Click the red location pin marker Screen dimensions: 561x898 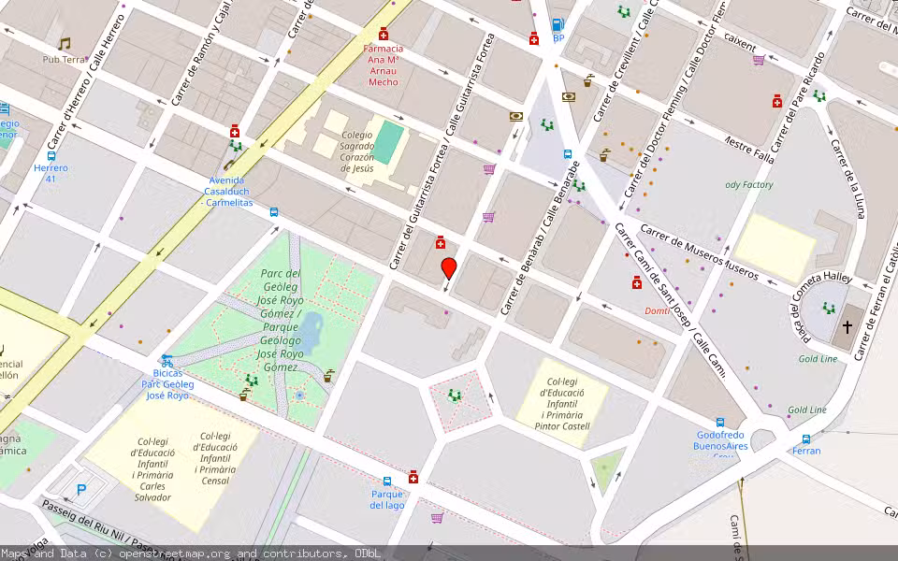pos(449,268)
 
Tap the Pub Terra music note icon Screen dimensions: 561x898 pos(64,44)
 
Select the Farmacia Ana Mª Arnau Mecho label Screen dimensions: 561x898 pos(384,65)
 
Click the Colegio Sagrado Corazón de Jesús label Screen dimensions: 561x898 pos(356,151)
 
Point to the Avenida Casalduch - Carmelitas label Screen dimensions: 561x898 pos(228,191)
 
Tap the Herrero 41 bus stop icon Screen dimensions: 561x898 pos(51,155)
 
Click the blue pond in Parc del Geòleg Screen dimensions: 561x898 pos(311,331)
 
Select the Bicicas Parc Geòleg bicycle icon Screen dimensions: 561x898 pos(167,360)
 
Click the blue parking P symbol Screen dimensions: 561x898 pos(81,488)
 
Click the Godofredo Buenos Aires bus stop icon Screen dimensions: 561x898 pos(720,423)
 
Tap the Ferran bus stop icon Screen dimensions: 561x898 pos(806,439)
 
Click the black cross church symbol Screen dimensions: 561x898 pos(847,327)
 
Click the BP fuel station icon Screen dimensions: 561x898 pos(558,25)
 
